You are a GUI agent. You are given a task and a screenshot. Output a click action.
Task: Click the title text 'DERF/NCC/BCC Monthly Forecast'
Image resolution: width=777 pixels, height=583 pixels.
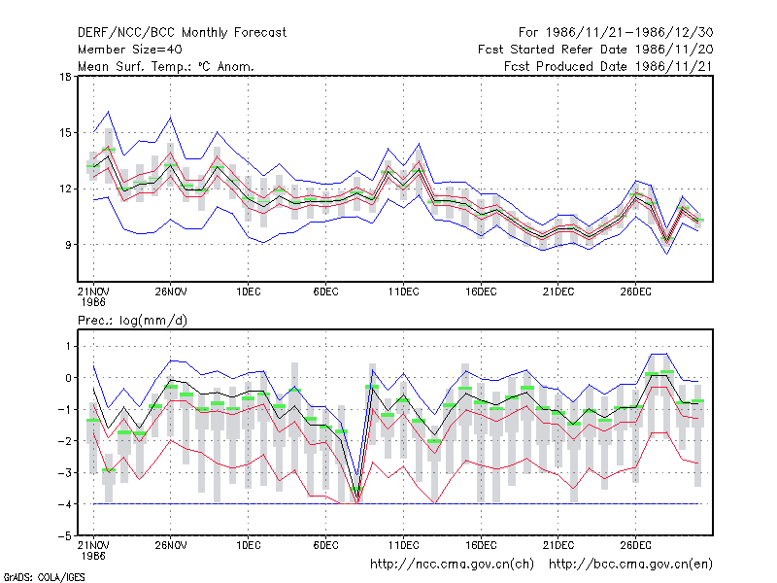click(182, 33)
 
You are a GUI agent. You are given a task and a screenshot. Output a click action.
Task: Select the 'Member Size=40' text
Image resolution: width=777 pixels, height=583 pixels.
click(130, 50)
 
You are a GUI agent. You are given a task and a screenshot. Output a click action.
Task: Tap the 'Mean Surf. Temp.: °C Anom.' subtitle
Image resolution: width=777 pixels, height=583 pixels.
click(166, 66)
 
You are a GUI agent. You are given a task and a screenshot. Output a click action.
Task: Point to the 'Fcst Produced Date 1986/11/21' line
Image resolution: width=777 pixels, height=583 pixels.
click(609, 66)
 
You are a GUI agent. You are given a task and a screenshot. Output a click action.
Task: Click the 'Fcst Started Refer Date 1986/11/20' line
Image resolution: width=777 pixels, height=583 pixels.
click(595, 50)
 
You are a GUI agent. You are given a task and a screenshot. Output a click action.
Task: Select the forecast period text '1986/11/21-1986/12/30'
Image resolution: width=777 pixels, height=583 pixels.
click(629, 33)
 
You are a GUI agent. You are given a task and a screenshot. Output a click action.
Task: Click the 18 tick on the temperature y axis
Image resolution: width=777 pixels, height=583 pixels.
click(65, 77)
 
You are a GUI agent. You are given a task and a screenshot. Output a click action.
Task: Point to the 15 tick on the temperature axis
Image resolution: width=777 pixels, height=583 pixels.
click(65, 133)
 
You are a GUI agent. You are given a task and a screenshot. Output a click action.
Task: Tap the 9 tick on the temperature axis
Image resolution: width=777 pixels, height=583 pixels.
click(68, 245)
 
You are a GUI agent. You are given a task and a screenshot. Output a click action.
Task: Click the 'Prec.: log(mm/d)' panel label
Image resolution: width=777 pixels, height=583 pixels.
click(132, 321)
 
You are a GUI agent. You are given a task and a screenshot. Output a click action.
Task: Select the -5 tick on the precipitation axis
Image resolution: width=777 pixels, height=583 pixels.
click(64, 536)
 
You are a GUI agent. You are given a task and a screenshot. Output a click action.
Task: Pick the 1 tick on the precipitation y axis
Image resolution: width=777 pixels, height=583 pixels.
click(68, 346)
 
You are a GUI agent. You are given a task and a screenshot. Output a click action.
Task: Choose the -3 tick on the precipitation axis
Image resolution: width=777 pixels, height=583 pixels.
click(64, 473)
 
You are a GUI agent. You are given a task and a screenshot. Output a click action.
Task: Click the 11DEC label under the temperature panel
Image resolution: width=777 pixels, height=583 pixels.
click(403, 291)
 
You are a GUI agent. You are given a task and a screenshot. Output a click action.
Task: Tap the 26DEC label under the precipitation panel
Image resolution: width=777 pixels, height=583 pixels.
click(636, 545)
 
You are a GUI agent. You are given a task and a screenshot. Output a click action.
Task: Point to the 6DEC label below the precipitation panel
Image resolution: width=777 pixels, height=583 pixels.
click(326, 545)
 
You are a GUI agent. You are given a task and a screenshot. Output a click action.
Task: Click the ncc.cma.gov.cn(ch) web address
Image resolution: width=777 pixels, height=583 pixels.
click(452, 565)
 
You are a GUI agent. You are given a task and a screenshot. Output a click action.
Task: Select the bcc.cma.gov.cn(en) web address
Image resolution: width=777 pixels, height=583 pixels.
click(630, 565)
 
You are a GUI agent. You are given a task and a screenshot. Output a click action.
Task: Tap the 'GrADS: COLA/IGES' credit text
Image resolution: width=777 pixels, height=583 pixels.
click(44, 577)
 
